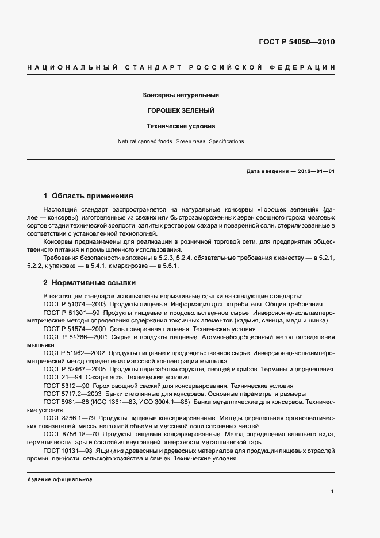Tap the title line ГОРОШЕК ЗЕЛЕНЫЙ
[x=181, y=110]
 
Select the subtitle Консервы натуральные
[x=181, y=95]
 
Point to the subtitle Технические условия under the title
[x=181, y=125]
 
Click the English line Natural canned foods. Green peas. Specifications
[x=181, y=141]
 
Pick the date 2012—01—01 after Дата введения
[x=314, y=172]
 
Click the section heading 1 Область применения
[x=88, y=195]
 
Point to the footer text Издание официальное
[x=60, y=479]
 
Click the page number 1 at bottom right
[x=333, y=491]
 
